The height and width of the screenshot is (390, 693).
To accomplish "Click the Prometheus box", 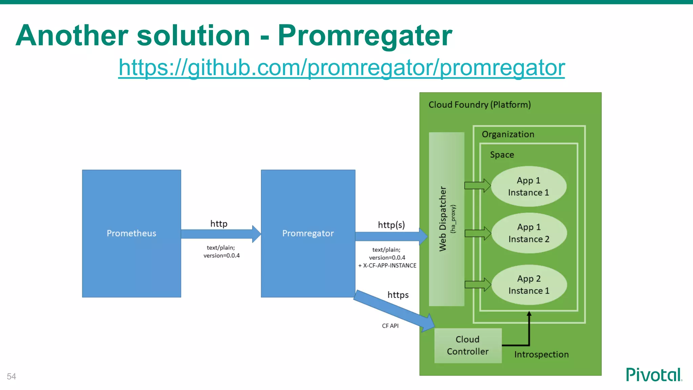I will point(131,234).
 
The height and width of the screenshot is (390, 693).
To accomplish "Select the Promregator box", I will point(308,234).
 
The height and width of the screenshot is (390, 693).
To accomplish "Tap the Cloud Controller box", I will point(468,345).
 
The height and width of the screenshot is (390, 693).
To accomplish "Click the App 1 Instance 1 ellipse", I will point(529,186).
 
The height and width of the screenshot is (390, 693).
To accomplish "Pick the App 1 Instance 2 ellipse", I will point(529,233).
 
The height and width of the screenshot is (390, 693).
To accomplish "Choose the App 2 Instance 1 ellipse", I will point(529,285).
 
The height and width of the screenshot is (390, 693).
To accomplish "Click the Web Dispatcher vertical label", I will point(443,219).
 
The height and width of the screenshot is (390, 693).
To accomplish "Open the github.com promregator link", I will point(341,67).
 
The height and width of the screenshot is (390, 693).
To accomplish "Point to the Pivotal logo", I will point(653,375).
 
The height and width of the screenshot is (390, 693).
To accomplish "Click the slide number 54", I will point(12,376).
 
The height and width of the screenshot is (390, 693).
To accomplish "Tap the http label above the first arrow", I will point(219,224).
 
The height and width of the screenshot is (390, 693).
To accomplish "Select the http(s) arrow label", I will point(391,225).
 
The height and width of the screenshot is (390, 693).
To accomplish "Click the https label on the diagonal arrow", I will point(398,295).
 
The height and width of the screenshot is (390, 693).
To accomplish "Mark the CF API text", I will point(390,326).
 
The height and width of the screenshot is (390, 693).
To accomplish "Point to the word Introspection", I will point(541,354).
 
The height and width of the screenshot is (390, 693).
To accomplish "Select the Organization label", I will point(508,134).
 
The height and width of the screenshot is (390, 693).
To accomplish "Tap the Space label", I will point(502,155).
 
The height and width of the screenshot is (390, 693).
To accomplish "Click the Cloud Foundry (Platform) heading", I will point(479,105).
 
